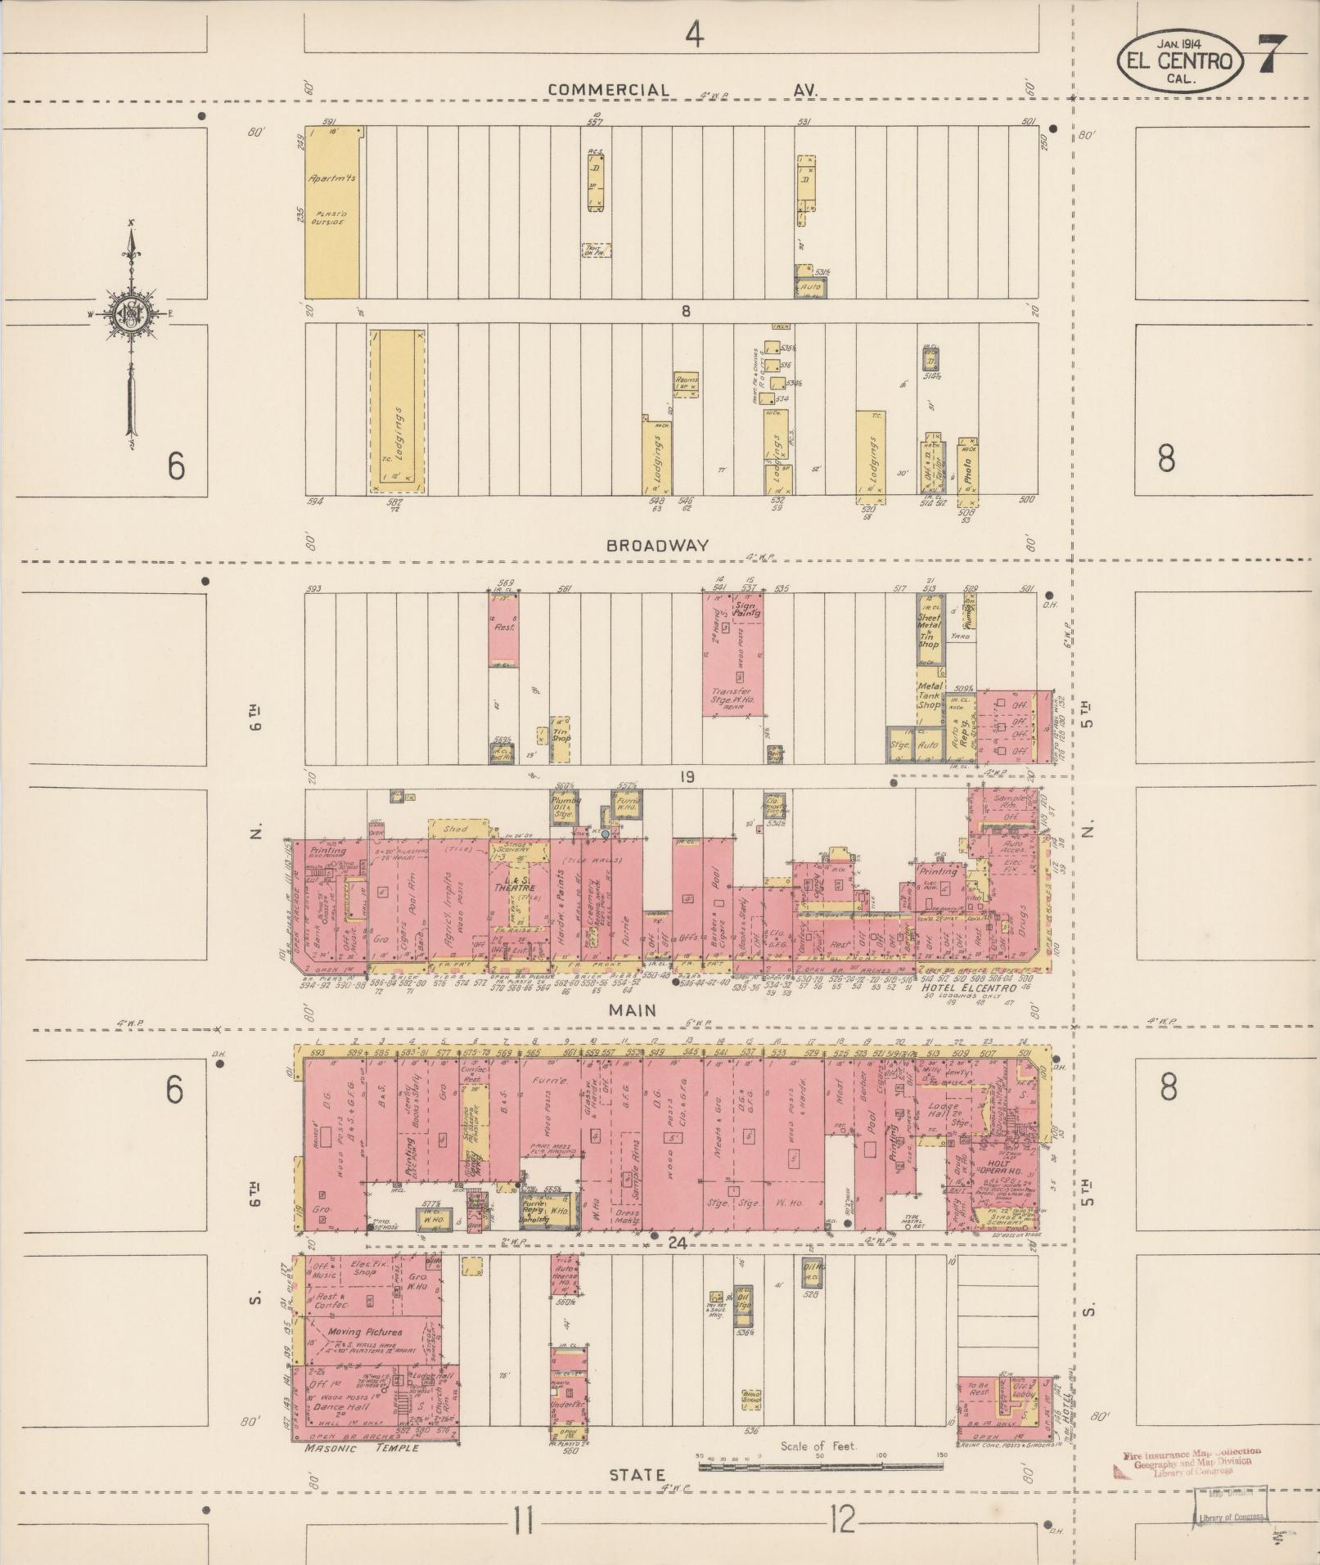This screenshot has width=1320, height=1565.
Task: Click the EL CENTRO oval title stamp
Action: click(x=1179, y=61)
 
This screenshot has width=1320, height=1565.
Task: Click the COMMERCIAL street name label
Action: click(x=609, y=89)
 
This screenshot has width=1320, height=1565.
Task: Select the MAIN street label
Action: click(x=632, y=1010)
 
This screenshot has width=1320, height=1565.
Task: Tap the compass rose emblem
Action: click(x=131, y=314)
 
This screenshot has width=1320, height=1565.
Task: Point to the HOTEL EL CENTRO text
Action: click(x=969, y=987)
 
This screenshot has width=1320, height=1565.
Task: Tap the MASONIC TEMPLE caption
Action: click(x=360, y=1447)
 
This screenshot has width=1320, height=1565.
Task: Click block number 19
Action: click(x=686, y=776)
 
